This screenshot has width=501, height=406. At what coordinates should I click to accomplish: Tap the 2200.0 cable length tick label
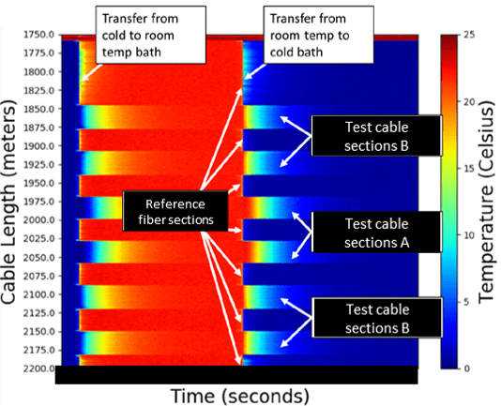coord(39,368)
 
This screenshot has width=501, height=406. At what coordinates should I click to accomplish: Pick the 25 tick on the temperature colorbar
coord(467,35)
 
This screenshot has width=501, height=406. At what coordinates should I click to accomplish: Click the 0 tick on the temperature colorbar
coord(466,368)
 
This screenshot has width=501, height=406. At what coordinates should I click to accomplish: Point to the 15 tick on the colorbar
coord(467,169)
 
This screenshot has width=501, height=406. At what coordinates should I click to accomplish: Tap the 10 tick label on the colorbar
coord(467,235)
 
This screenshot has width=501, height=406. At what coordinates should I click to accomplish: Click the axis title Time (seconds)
coord(239,396)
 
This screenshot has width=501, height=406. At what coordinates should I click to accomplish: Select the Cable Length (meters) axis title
coord(8,202)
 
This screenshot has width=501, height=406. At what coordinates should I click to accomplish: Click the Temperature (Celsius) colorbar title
coord(487,202)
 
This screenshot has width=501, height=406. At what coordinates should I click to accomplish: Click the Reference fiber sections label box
coord(175,211)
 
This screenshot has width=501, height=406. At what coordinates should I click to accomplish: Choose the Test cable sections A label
coord(377,233)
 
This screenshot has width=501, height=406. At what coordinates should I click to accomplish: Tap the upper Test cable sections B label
coord(377,136)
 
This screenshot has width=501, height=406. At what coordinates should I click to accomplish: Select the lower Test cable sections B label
coord(377,318)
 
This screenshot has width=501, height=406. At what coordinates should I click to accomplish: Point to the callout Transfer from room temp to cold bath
coord(319,35)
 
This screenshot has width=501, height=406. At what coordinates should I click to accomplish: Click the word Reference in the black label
coord(175,204)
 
